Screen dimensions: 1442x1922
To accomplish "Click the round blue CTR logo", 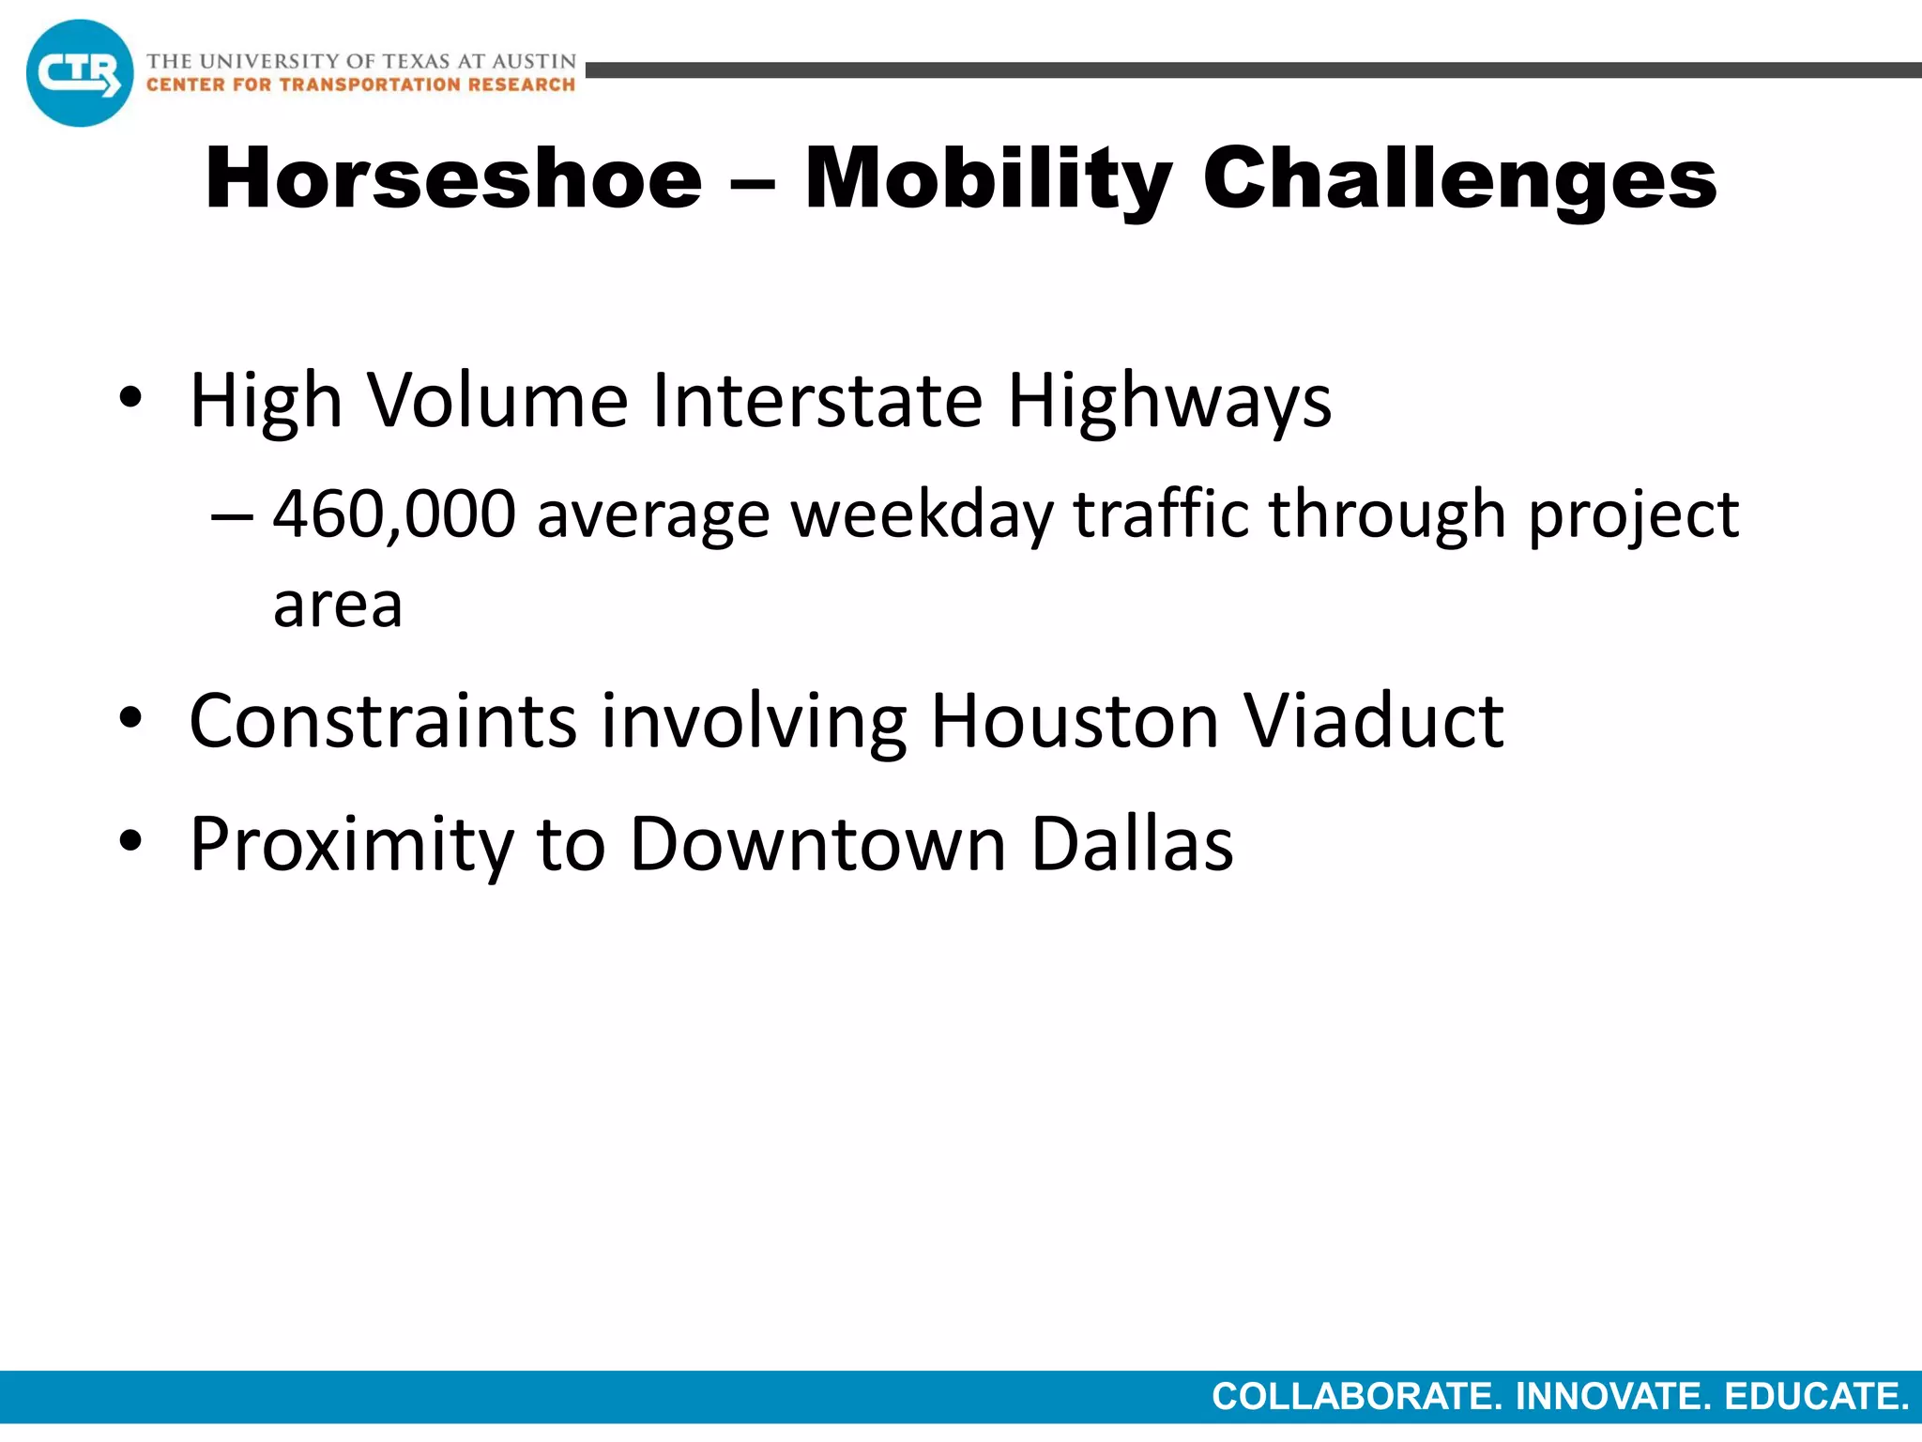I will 80,73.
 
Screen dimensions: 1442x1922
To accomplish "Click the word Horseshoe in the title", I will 453,178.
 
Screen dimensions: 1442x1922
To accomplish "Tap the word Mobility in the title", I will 988,178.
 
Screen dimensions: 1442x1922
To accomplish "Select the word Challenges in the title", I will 1459,178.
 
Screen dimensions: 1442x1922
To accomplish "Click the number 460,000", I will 394,514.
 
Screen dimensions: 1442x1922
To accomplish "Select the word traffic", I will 1161,514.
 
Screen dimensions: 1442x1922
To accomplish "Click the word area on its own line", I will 338,606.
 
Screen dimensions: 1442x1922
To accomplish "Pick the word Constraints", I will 383,721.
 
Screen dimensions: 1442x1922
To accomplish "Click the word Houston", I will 1075,721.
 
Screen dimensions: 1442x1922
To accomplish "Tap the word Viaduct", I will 1374,721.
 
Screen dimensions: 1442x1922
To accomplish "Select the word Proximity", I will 352,845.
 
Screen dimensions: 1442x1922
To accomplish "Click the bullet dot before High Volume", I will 130,398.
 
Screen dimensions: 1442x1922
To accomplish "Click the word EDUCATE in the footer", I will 1816,1397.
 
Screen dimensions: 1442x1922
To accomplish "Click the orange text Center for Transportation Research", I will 360,85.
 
